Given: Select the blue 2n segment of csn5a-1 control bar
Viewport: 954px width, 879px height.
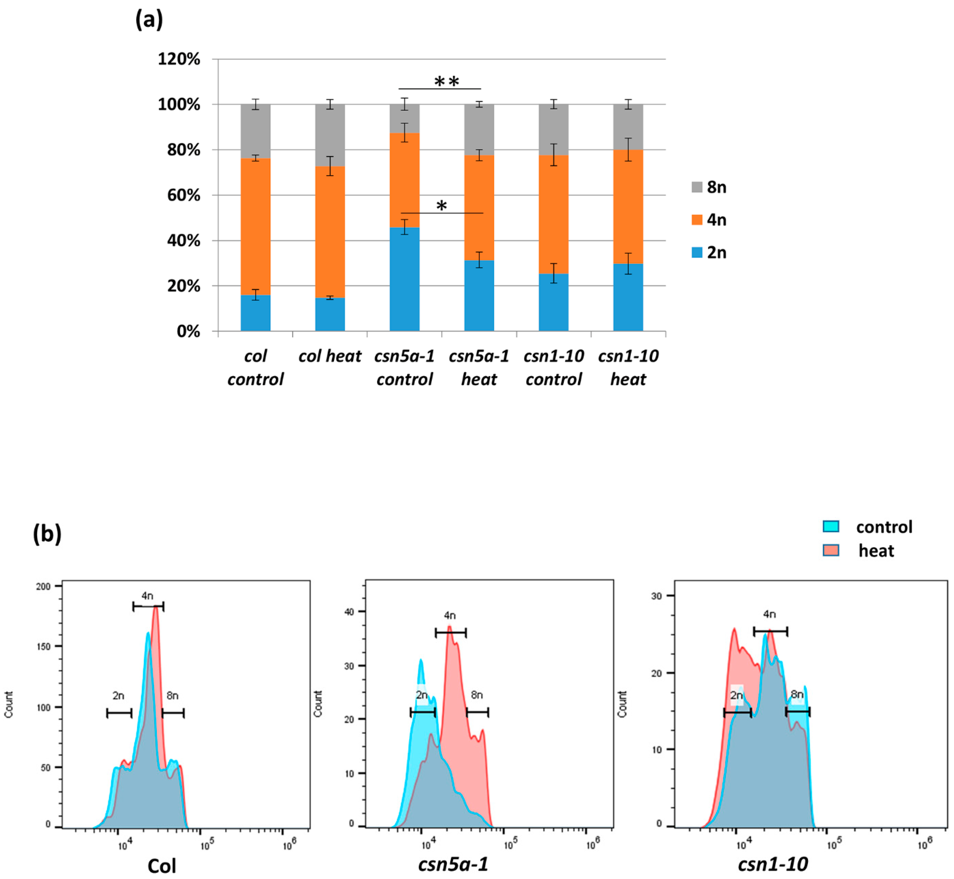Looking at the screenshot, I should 404,279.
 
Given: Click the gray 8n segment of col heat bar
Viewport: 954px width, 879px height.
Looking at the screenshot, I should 330,135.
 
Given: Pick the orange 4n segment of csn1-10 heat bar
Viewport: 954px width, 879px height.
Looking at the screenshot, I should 628,207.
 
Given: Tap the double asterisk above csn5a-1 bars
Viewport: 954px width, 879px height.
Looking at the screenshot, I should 447,82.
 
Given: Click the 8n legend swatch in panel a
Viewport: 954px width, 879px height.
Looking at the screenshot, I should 697,187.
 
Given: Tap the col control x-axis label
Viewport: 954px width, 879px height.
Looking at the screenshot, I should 255,368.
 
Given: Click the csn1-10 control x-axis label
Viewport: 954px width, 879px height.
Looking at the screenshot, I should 553,368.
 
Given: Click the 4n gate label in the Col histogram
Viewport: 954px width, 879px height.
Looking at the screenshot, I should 147,596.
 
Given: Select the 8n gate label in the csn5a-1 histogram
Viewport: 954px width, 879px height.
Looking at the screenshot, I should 477,695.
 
